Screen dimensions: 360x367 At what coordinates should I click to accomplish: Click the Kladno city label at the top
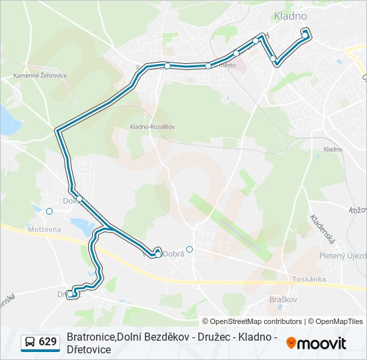pos(290,15)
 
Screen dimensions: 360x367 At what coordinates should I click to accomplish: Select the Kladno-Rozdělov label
pos(153,126)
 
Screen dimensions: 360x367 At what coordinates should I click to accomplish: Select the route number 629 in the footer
pos(47,342)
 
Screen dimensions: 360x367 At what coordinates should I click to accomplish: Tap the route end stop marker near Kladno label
pos(305,33)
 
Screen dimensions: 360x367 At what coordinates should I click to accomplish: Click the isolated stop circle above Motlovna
pos(49,211)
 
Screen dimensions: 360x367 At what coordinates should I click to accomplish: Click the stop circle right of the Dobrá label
pos(190,249)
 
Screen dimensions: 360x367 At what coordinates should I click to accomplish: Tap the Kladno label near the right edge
pos(332,149)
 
